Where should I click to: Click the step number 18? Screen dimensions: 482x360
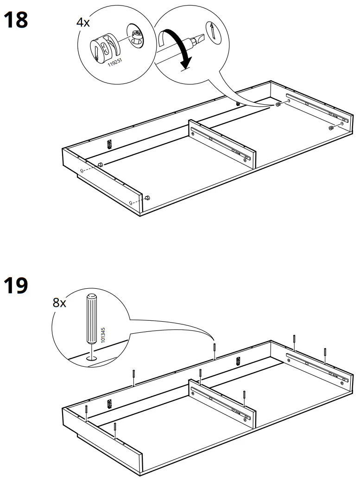16,20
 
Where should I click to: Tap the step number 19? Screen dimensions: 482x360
16,285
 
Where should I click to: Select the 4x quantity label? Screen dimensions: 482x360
83,22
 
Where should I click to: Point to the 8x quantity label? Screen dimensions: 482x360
59,304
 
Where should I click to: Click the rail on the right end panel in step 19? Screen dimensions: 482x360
315,366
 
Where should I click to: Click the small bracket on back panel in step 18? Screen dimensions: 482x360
110,144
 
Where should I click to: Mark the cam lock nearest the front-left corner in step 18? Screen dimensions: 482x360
148,198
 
